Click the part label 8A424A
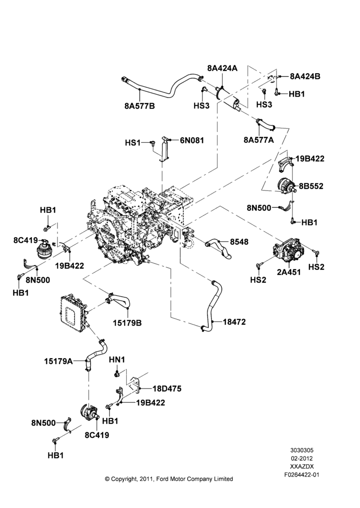click(222, 68)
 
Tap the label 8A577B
click(139, 106)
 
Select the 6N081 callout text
click(192, 140)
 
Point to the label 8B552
click(311, 186)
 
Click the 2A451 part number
click(289, 272)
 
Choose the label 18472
click(234, 322)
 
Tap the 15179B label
click(127, 323)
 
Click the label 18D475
click(167, 388)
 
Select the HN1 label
click(117, 360)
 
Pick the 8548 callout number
click(239, 242)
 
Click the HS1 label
click(133, 143)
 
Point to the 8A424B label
click(305, 76)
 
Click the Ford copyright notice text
click(169, 479)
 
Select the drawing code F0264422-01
click(302, 475)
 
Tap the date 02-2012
click(302, 458)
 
